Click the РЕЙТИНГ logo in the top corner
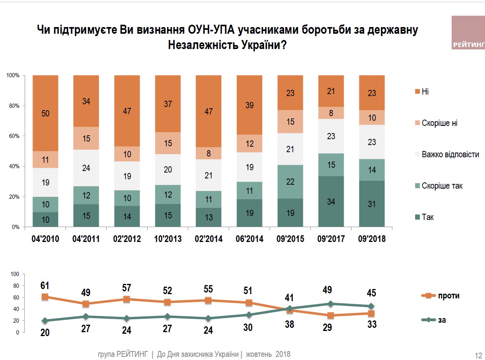(x=468, y=33)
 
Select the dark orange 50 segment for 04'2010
(x=46, y=113)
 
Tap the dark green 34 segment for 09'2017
(x=331, y=202)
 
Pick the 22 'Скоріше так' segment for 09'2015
(x=290, y=182)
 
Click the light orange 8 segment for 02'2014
(x=208, y=153)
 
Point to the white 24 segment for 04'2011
(x=86, y=168)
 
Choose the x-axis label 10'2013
(x=168, y=239)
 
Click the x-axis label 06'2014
(x=250, y=239)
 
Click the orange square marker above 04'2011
(x=86, y=304)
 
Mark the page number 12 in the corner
(x=478, y=355)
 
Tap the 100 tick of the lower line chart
(x=15, y=274)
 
